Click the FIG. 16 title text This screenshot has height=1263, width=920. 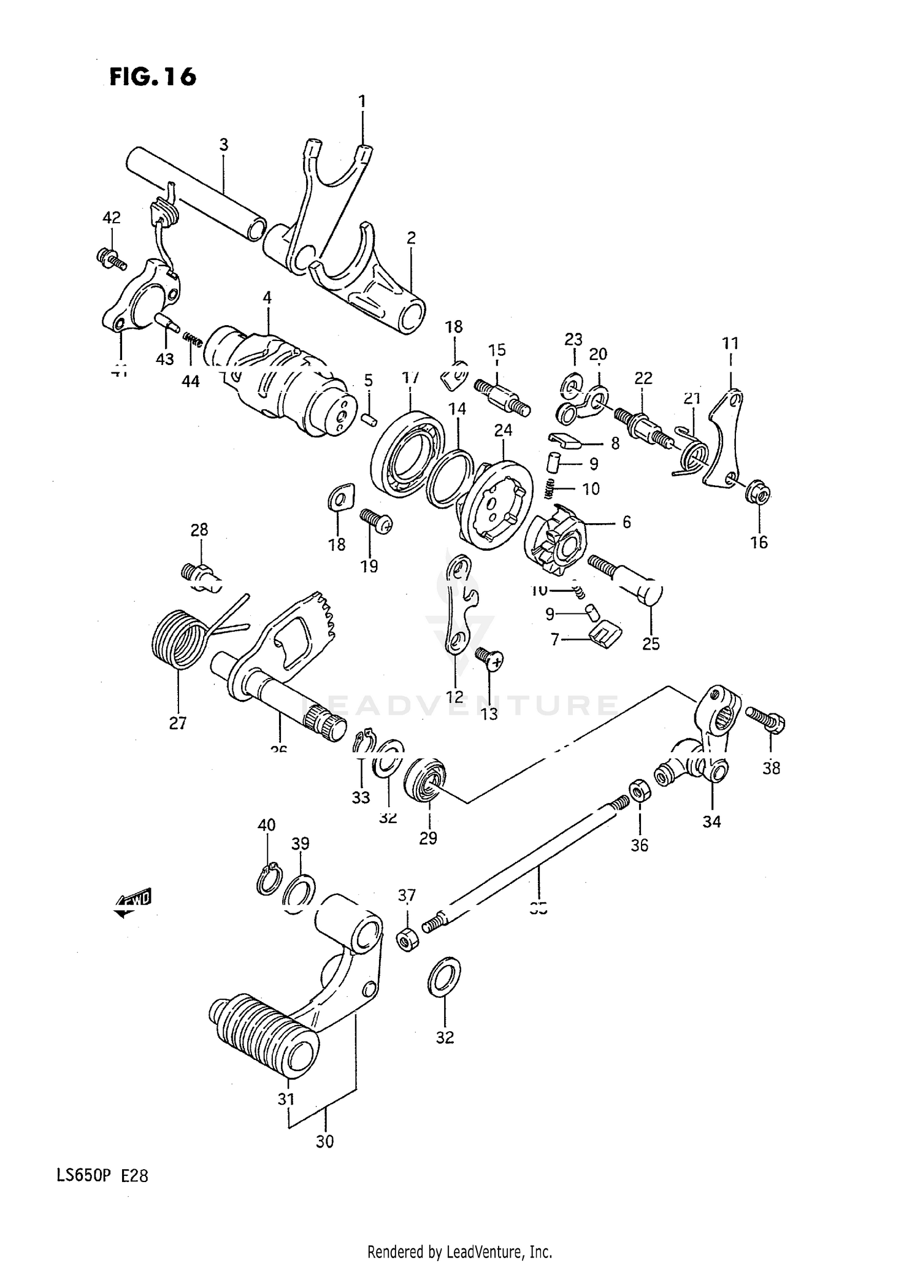tap(153, 77)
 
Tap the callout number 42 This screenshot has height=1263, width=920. tap(111, 218)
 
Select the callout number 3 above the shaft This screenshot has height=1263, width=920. tap(224, 145)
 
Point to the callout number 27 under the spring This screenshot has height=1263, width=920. tap(177, 723)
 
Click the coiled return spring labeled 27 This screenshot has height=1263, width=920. tap(178, 639)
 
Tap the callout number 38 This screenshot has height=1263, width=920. tap(771, 767)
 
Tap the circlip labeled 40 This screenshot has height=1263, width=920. tap(268, 880)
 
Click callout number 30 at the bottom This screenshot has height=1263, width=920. tap(324, 1142)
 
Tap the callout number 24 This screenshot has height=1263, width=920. tap(503, 430)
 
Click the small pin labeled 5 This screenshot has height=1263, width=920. tap(368, 418)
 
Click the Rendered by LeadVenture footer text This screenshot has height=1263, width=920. tap(460, 1251)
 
